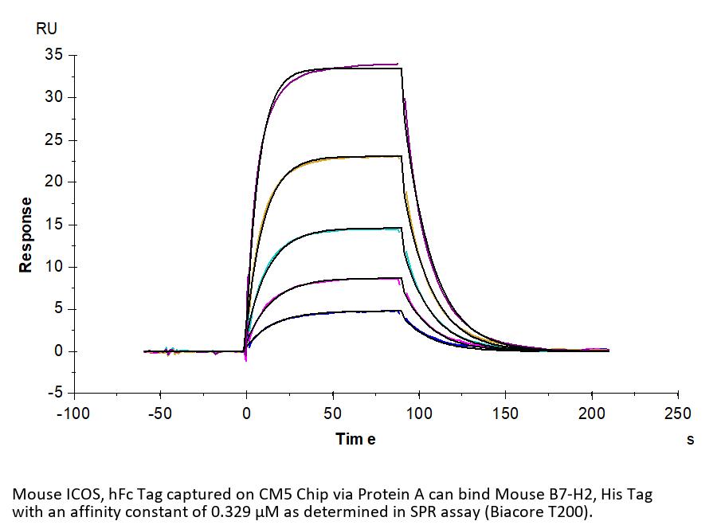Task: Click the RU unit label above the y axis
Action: click(46, 29)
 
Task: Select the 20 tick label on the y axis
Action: click(55, 182)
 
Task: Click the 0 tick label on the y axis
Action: click(59, 351)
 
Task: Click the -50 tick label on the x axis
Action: click(160, 413)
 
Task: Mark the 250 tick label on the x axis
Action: click(677, 413)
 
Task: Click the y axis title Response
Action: click(26, 235)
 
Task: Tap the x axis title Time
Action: click(355, 438)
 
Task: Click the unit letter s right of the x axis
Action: click(690, 439)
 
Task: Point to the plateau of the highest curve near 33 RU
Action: click(351, 68)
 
